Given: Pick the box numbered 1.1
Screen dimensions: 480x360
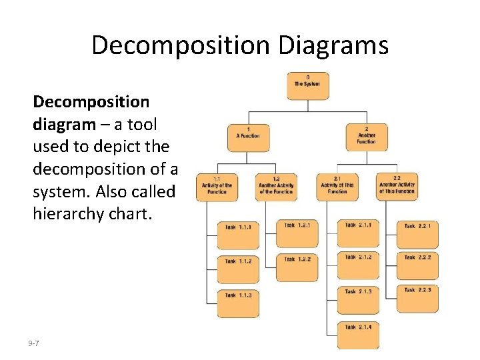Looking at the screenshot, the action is pyautogui.click(x=217, y=187).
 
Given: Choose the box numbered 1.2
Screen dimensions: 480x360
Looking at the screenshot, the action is pyautogui.click(x=276, y=187).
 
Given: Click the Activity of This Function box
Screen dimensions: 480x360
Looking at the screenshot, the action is pyautogui.click(x=337, y=187).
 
